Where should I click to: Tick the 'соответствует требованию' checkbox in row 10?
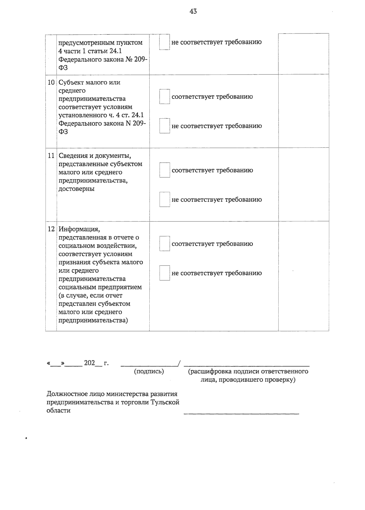[x=165, y=97]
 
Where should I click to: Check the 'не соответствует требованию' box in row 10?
[x=165, y=126]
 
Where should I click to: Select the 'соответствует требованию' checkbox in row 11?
[x=165, y=170]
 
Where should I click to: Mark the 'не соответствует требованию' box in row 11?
[x=165, y=199]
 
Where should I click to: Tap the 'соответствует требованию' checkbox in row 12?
[x=165, y=244]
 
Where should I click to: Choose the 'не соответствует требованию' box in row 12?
[x=165, y=273]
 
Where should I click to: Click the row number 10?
[x=51, y=82]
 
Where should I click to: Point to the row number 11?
[x=51, y=156]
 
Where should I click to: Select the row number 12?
[x=51, y=229]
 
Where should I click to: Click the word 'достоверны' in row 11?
[x=76, y=189]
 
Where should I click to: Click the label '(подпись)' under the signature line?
[x=149, y=371]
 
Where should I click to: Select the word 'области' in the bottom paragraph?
[x=58, y=411]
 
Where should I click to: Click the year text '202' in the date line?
[x=89, y=363]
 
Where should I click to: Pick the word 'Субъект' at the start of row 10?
[x=71, y=82]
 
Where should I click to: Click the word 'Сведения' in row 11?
[x=72, y=156]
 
